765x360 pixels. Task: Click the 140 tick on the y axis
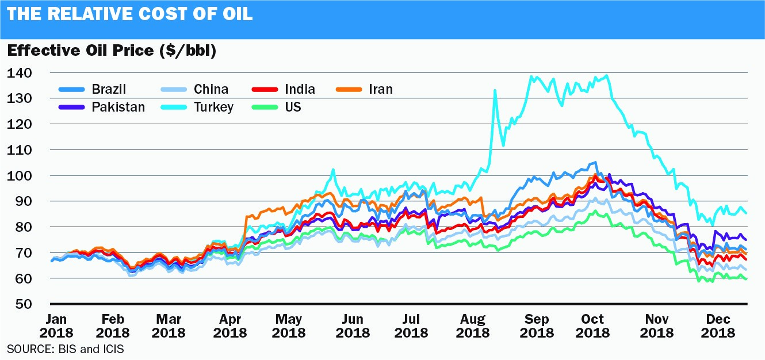click(x=20, y=73)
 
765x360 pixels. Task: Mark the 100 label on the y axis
click(x=20, y=175)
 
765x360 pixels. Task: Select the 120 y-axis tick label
click(x=20, y=124)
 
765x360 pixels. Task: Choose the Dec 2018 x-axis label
click(x=716, y=326)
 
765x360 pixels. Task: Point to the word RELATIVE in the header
click(x=86, y=14)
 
